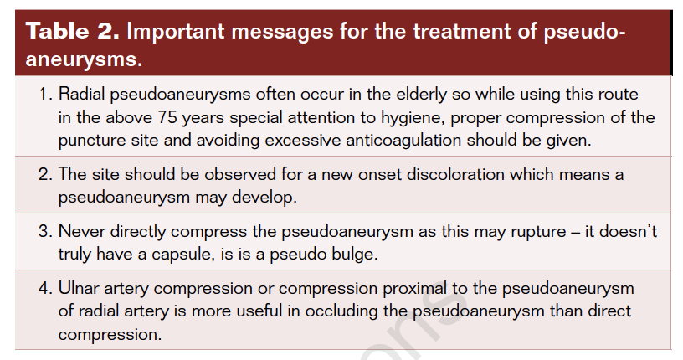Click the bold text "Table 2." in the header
72,31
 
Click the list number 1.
45,94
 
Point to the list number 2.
45,174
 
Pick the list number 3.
45,231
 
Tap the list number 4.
45,289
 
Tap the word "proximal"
414,290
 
